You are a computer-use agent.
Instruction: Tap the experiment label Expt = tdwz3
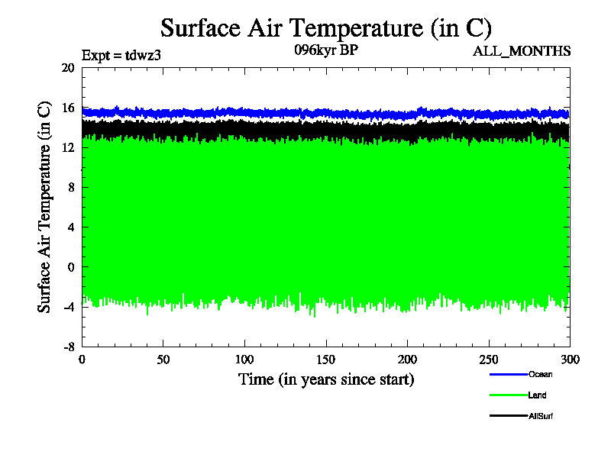click(121, 55)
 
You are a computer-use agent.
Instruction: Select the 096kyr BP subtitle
click(326, 51)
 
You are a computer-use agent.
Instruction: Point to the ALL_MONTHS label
click(522, 51)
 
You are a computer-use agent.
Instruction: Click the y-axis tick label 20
click(67, 68)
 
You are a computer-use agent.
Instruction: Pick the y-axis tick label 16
click(67, 108)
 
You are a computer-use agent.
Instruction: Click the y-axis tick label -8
click(67, 346)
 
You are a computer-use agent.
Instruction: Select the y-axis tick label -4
click(67, 306)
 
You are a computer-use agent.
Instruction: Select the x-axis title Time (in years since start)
click(326, 379)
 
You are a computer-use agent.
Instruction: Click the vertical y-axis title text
click(45, 206)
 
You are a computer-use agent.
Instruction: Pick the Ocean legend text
click(540, 374)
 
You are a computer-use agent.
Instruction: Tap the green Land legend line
click(508, 395)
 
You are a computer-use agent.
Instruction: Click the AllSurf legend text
click(540, 416)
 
